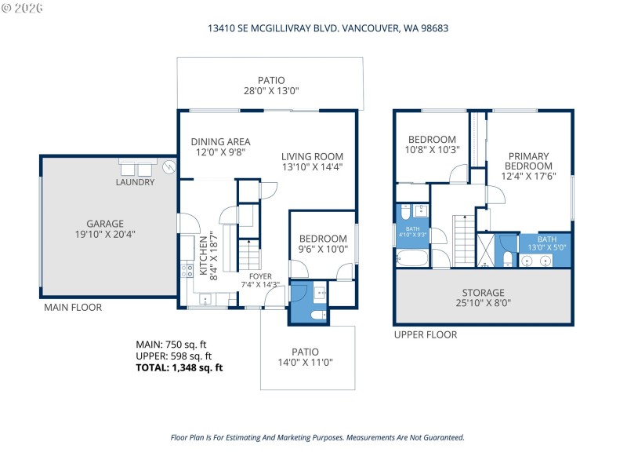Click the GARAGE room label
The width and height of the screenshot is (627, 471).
[x=105, y=224]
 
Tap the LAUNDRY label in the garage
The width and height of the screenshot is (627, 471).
[x=135, y=182]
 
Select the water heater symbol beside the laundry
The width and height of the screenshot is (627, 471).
[x=169, y=166]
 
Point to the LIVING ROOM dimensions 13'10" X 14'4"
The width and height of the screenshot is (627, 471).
[x=312, y=166]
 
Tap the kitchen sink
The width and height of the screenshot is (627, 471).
[x=205, y=299]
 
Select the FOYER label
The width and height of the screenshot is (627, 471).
[x=260, y=276]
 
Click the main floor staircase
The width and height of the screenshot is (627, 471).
[x=248, y=256]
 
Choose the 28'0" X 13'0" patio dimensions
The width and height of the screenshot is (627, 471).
[x=271, y=91]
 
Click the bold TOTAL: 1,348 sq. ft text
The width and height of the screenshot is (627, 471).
[x=179, y=367]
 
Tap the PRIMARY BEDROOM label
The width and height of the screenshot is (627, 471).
[x=527, y=161]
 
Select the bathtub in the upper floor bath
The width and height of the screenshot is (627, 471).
[x=412, y=257]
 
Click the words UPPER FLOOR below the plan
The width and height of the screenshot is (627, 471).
[x=425, y=334]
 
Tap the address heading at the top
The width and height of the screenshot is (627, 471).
[x=327, y=27]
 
